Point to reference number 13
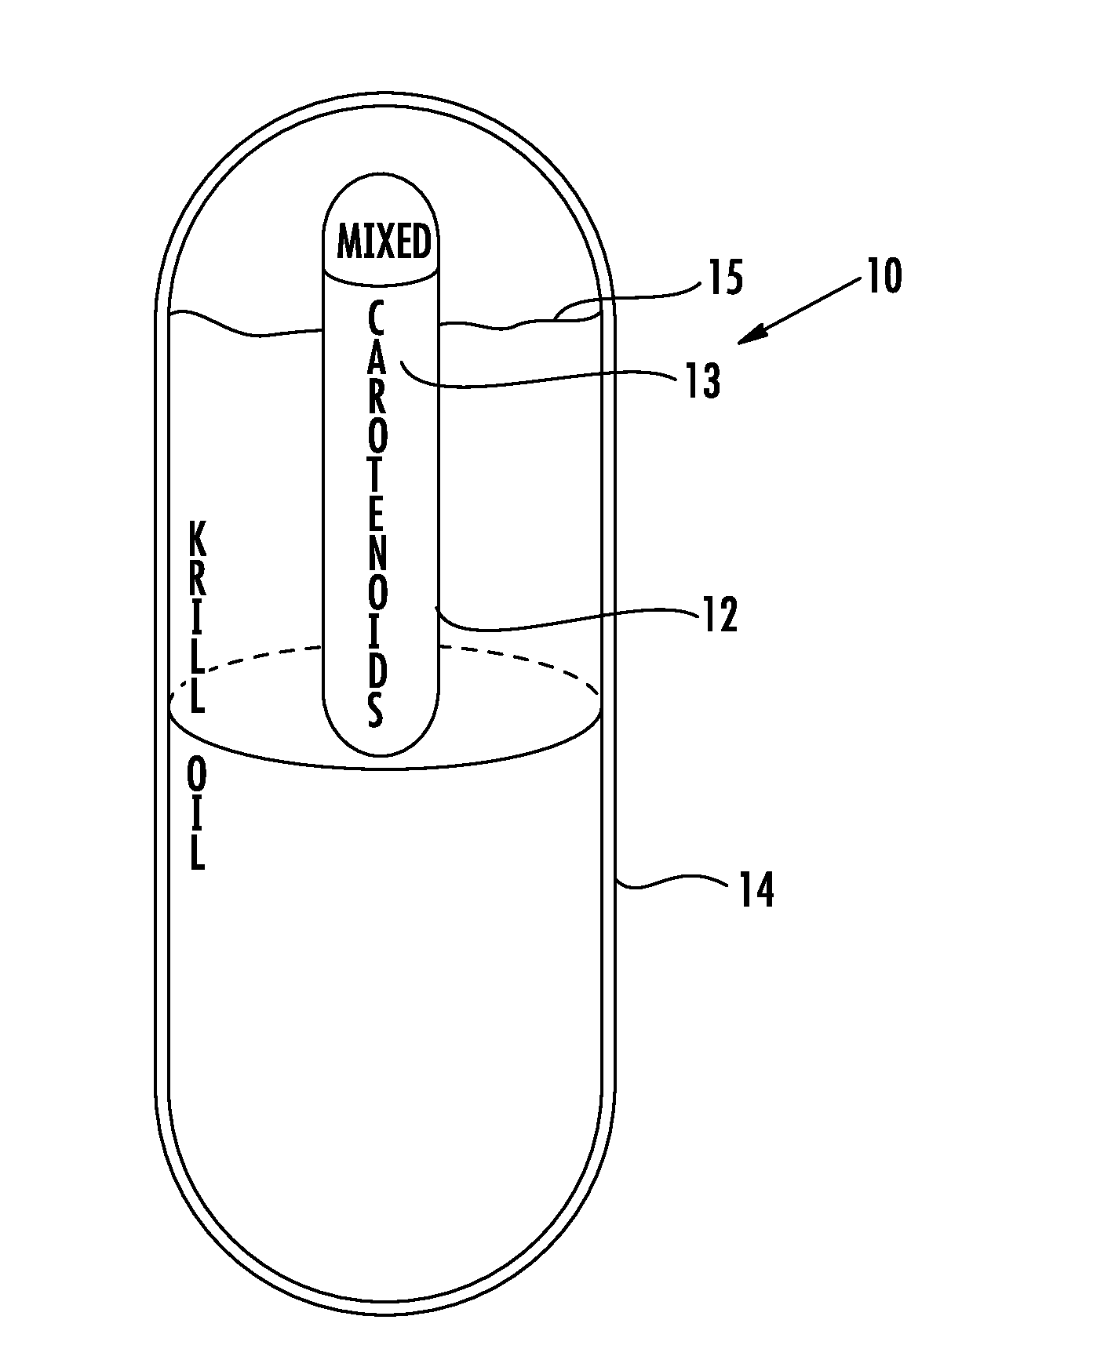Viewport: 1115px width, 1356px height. click(x=703, y=383)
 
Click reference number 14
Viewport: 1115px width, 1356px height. click(x=756, y=891)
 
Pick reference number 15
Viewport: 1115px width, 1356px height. click(x=726, y=279)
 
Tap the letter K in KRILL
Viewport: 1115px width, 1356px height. click(x=199, y=542)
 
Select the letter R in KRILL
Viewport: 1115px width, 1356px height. click(x=199, y=581)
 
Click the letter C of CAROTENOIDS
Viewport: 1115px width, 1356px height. click(x=377, y=319)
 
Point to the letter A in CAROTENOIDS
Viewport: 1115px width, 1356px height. click(x=377, y=358)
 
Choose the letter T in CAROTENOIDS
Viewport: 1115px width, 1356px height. click(x=377, y=475)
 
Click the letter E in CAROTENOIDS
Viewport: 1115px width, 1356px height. click(x=377, y=514)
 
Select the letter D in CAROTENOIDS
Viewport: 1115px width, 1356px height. click(x=377, y=671)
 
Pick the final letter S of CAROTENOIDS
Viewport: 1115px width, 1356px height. click(x=377, y=711)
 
